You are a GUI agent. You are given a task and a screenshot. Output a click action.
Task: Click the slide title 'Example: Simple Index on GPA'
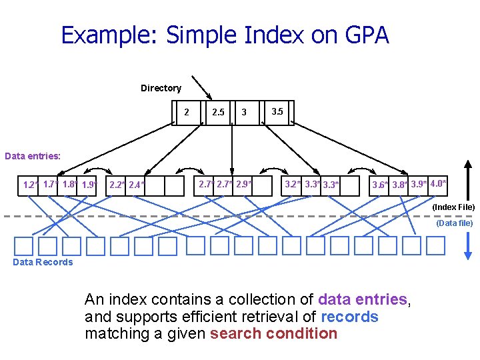coord(225,35)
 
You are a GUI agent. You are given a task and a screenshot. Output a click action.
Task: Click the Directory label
coord(161,88)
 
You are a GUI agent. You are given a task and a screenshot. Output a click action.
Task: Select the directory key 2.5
coord(218,112)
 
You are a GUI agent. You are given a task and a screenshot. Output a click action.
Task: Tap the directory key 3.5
coord(277,111)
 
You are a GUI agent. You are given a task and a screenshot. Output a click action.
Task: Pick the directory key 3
coord(244,112)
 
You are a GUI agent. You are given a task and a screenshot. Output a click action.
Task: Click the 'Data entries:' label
coord(33,156)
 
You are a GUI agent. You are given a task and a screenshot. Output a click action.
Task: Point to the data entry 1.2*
coord(30,185)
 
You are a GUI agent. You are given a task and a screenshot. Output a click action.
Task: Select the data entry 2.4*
coord(137,185)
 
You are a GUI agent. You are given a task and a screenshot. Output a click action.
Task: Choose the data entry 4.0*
coord(439,183)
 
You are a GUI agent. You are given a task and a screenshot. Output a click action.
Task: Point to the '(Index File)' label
coord(453,207)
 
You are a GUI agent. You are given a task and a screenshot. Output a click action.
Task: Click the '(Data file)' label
coord(455,223)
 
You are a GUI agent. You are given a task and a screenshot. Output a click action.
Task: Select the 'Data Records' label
coord(43,262)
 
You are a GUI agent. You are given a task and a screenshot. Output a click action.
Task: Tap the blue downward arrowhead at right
coord(468,254)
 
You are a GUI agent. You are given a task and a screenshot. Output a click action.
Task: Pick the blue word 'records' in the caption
coord(349,317)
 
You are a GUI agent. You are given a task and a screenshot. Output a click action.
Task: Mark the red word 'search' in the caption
coord(232,333)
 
